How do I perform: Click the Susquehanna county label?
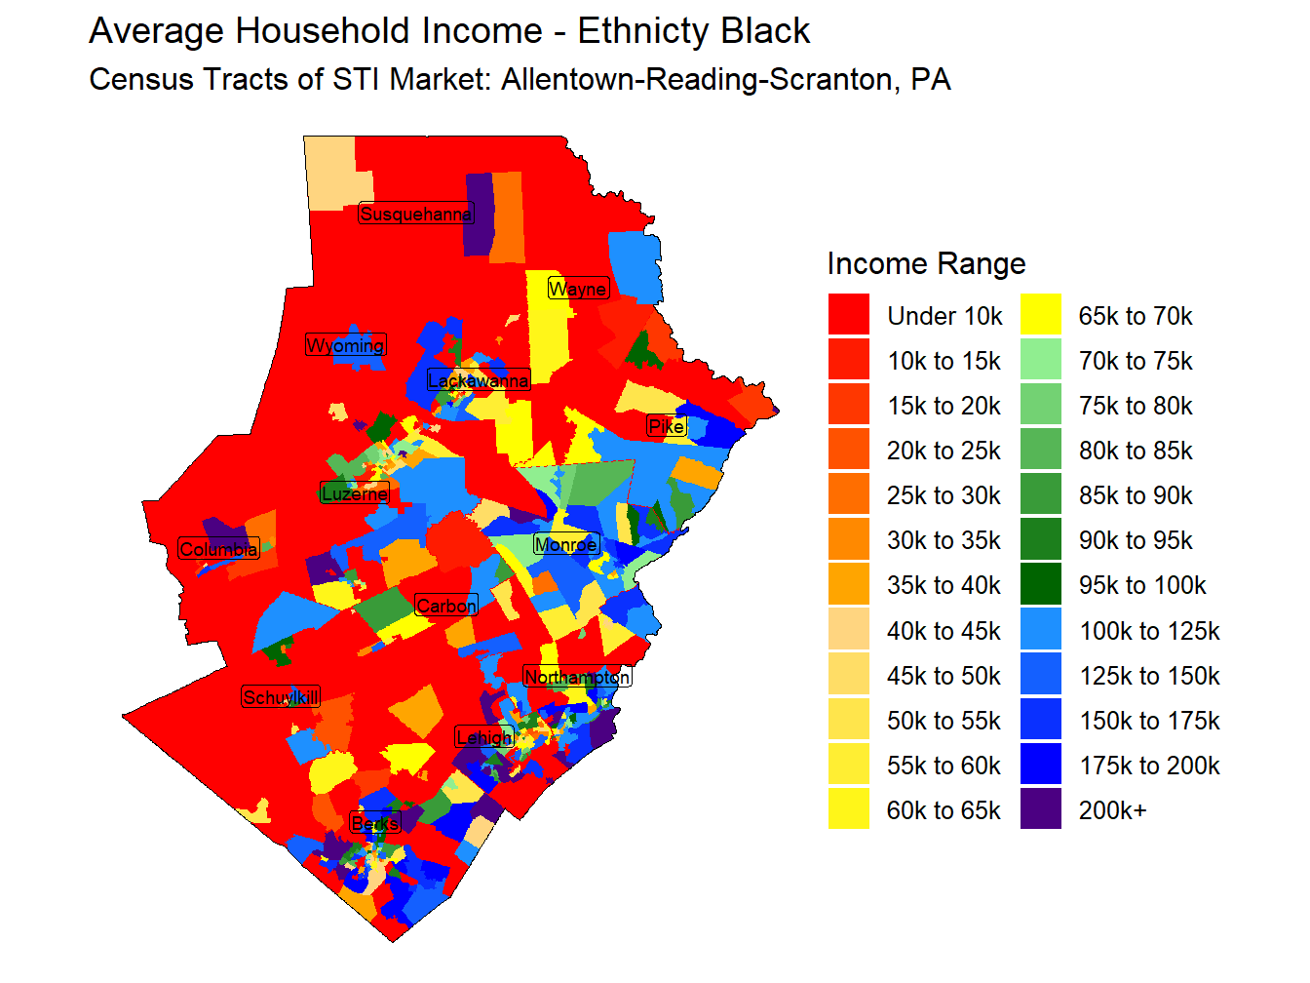point(416,214)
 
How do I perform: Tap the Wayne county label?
point(578,289)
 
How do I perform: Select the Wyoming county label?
point(346,345)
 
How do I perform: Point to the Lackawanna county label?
point(479,380)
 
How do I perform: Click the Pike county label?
point(667,426)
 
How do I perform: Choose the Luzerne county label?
point(355,493)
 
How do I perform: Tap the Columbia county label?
point(219,549)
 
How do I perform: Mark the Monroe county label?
point(565,544)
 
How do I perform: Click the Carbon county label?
point(446,606)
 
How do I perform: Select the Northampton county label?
point(577,677)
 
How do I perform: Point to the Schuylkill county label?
point(281,697)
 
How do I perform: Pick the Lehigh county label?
point(484,737)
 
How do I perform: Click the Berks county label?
point(375,824)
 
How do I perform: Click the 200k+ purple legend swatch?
point(1040,809)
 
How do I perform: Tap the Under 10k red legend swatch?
point(848,316)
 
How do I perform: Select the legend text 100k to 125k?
point(1149,631)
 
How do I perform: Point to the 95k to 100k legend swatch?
point(1040,585)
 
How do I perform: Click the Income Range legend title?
point(926,263)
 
